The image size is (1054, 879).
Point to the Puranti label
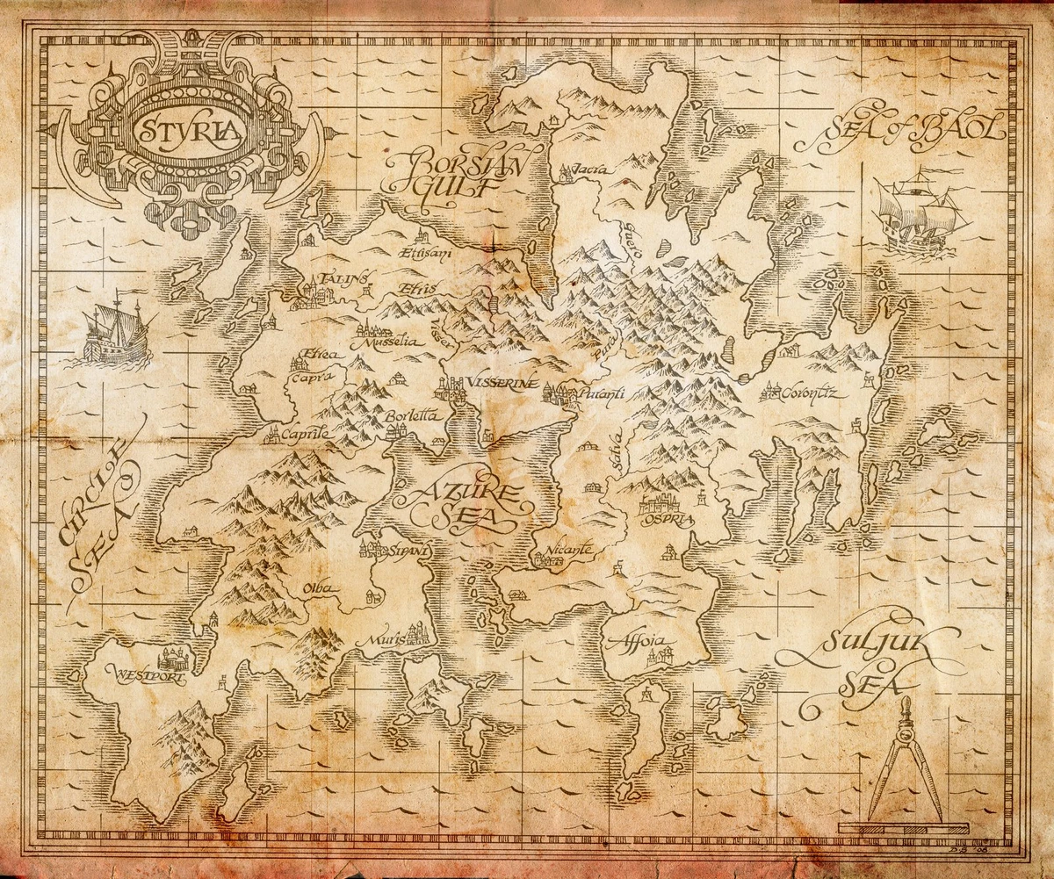pos(601,395)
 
